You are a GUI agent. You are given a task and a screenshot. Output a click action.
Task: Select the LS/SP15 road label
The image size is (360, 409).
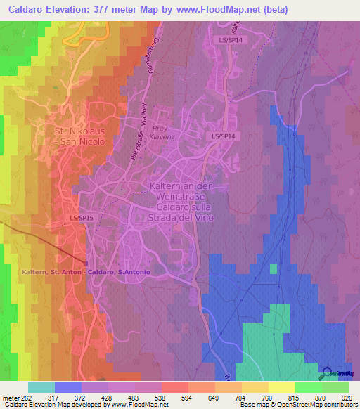81,219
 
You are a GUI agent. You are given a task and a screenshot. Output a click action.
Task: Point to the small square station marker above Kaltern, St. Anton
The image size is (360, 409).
86,264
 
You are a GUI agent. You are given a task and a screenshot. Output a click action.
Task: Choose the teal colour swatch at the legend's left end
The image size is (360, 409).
41,387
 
